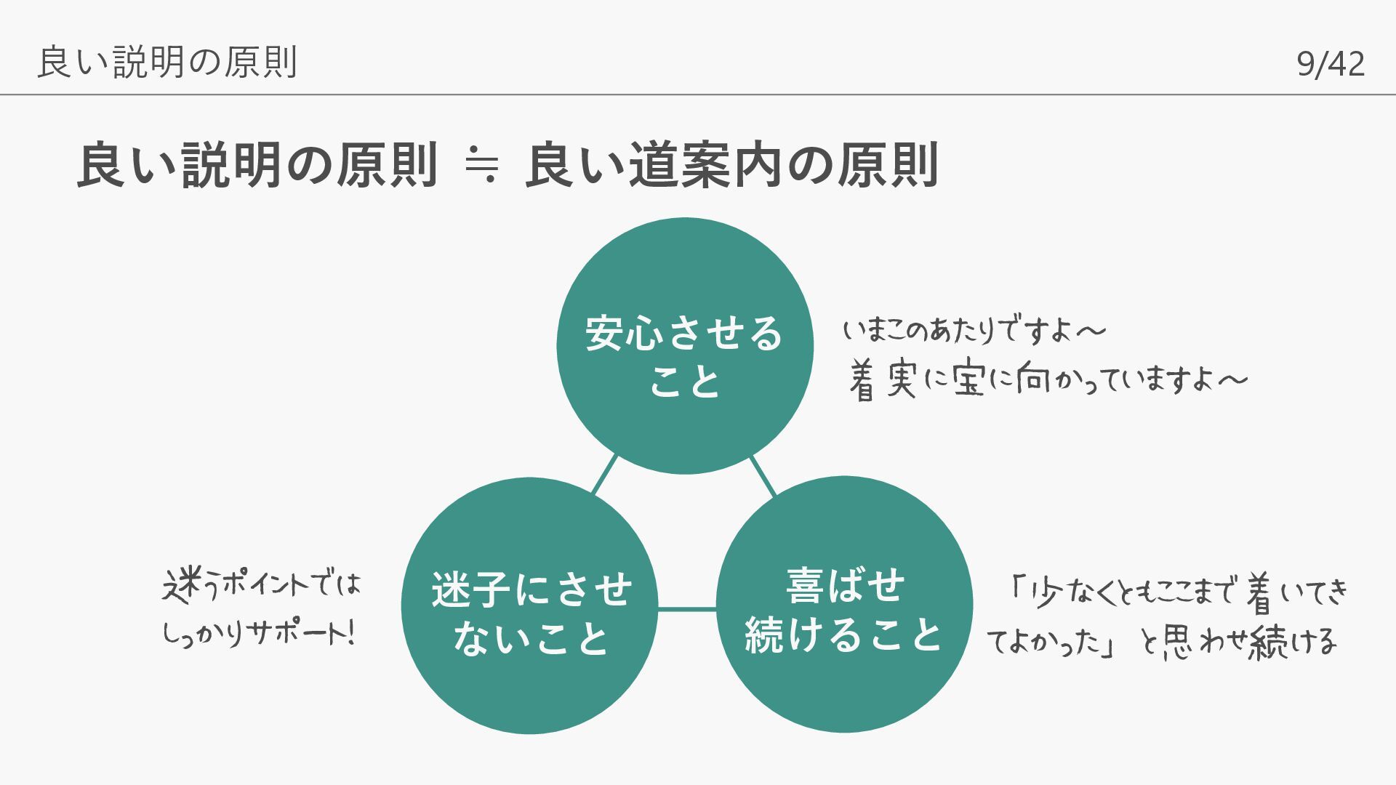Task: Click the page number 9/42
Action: (1330, 64)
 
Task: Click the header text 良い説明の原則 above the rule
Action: (167, 63)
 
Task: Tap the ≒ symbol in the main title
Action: (481, 166)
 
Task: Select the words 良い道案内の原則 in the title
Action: (731, 166)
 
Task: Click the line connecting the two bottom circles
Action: (687, 609)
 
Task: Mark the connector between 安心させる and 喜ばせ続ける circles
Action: (763, 475)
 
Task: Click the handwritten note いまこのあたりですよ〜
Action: (974, 331)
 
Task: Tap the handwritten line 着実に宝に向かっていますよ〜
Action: (1047, 379)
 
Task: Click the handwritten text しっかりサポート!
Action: (258, 634)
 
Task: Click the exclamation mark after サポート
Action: (352, 632)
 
